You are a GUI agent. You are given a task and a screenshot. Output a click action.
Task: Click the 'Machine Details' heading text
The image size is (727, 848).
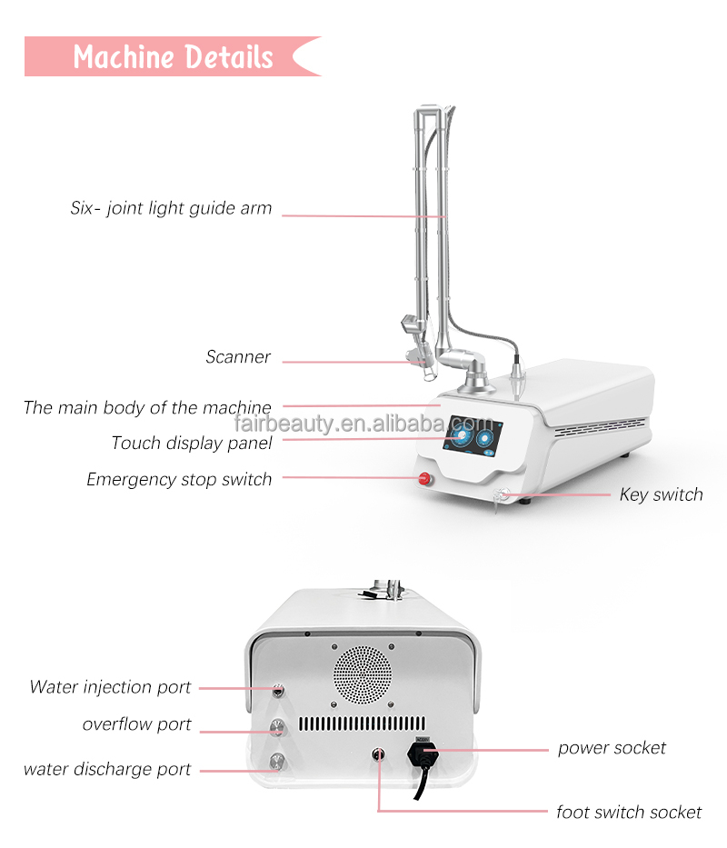tap(173, 56)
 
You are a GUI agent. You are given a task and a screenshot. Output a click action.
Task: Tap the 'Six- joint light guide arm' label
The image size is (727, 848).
tap(171, 208)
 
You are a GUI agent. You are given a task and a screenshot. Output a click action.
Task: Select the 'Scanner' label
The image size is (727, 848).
tap(238, 357)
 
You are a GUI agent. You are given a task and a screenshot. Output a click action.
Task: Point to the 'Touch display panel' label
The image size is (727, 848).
tap(192, 444)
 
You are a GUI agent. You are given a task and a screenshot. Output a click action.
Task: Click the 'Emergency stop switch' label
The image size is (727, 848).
tap(179, 479)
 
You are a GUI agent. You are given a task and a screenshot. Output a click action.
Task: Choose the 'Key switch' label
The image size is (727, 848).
tap(661, 495)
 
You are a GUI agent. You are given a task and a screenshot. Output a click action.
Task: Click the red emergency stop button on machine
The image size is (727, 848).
tap(423, 479)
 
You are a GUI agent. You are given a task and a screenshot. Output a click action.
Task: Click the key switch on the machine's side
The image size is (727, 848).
tap(500, 495)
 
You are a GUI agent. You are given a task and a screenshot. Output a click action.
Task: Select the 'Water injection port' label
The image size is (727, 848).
tap(110, 687)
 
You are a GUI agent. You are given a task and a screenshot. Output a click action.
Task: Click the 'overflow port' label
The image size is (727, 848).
tap(137, 725)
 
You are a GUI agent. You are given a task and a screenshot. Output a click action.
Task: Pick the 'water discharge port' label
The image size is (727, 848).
tap(107, 770)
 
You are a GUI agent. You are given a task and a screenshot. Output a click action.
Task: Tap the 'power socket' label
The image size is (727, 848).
tap(612, 749)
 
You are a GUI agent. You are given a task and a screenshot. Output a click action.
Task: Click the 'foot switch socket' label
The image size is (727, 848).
tap(629, 812)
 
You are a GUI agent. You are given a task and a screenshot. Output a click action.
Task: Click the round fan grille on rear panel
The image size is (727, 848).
tap(363, 677)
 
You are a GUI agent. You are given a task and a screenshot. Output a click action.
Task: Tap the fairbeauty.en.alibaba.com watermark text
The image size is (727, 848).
tap(363, 424)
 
